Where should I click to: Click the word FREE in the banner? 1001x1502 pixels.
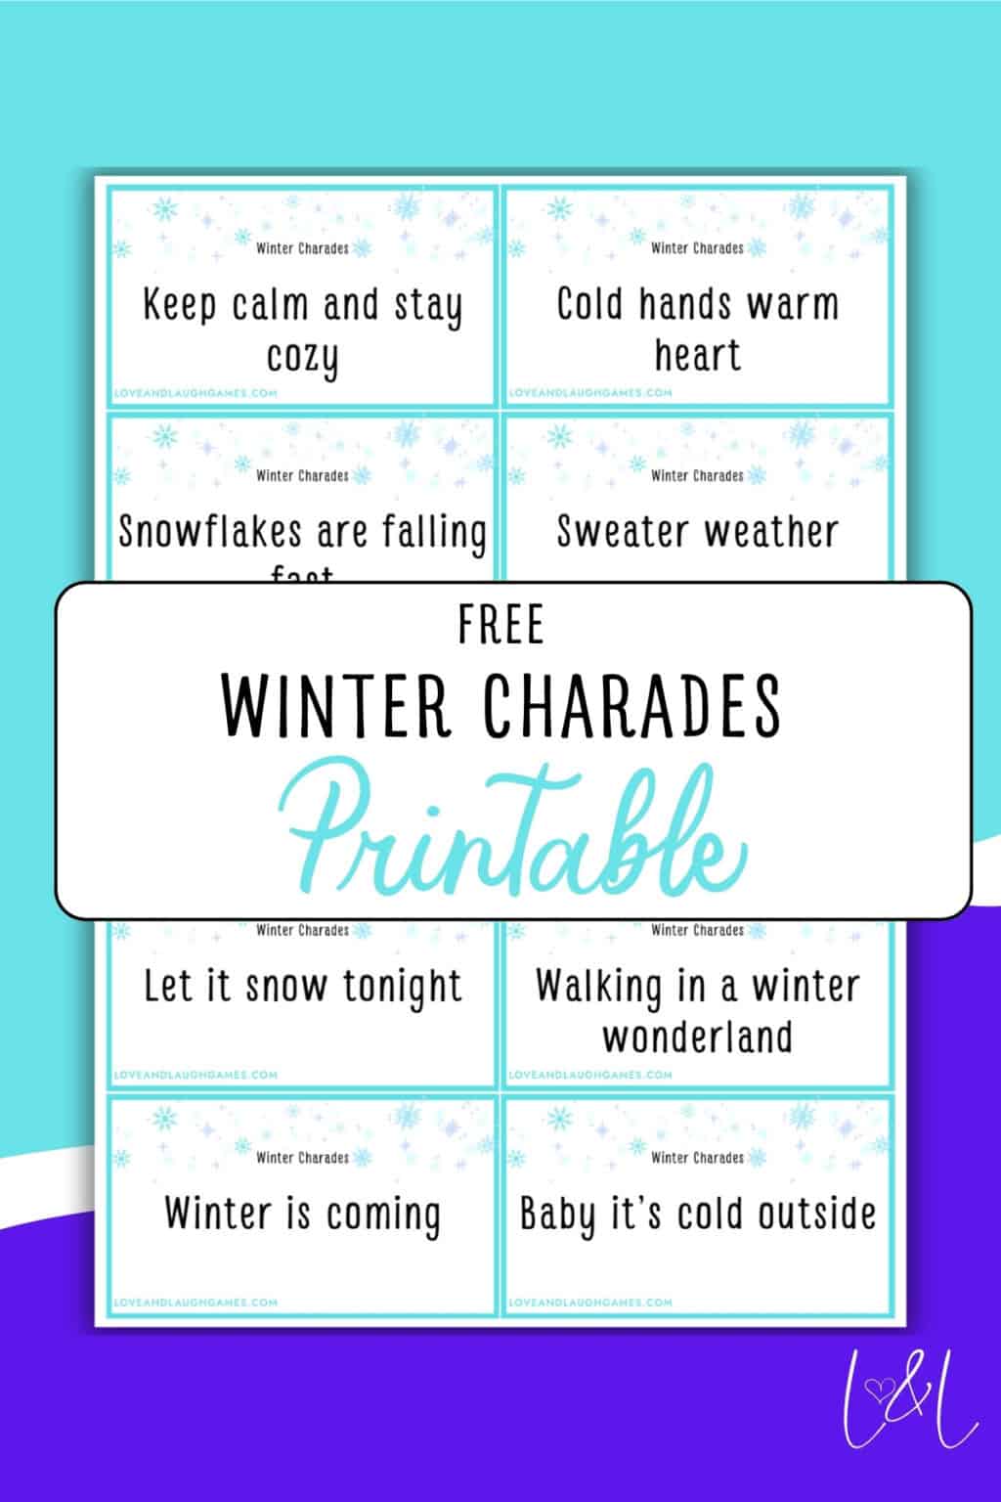point(500,626)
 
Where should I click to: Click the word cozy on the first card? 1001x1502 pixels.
point(302,358)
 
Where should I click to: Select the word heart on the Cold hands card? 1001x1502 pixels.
point(697,355)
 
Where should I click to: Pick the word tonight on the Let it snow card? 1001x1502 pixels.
point(402,987)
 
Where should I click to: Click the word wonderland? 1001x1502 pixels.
point(697,1037)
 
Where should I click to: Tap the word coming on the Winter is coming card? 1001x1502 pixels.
point(382,1215)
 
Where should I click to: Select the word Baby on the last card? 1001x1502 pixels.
point(556,1215)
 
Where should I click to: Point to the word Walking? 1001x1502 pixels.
point(597,987)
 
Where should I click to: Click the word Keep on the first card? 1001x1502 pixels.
point(179,305)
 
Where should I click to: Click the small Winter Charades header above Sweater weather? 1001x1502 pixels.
point(697,476)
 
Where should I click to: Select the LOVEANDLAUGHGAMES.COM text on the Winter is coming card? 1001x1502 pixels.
point(196,1303)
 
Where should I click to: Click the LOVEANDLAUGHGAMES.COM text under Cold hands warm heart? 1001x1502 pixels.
point(590,392)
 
